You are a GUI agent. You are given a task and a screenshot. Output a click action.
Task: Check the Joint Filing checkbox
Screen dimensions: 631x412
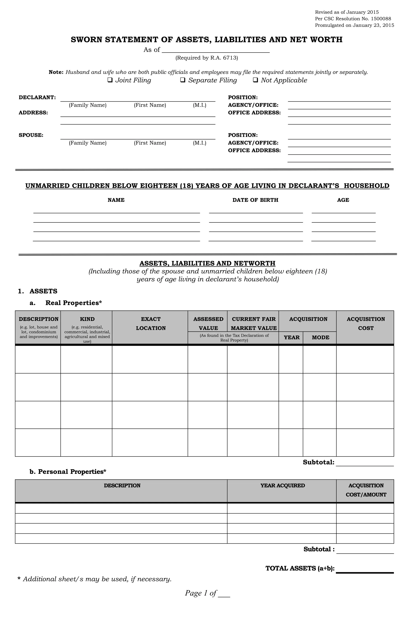[110, 80]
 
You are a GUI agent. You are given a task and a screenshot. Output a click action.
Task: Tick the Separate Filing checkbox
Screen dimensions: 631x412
[182, 80]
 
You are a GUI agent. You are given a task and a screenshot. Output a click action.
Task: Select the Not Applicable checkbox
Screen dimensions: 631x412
[255, 80]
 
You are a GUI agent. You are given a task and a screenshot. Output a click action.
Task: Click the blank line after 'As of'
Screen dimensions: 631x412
[215, 50]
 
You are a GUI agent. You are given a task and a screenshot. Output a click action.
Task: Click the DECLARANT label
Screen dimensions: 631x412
[37, 97]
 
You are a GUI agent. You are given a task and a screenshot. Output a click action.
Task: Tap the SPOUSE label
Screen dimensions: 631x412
[31, 135]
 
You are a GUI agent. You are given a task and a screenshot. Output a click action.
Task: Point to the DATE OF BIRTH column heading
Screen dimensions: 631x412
[255, 200]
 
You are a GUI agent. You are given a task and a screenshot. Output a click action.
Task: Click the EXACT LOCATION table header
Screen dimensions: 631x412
[151, 323]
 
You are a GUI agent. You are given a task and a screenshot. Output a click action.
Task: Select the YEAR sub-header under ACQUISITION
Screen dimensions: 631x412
[291, 337]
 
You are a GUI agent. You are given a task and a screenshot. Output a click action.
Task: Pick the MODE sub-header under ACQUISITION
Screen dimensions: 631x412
[320, 337]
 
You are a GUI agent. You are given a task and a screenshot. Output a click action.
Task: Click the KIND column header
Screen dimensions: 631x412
[87, 319]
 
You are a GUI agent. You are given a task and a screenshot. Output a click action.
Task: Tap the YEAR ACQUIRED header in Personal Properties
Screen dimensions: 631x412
[282, 486]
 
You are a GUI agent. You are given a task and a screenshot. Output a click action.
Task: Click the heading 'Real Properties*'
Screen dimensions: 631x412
[74, 303]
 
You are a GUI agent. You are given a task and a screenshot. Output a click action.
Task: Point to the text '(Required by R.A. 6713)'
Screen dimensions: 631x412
[207, 58]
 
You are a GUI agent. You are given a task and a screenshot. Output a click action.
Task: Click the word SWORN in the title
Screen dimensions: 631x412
[87, 39]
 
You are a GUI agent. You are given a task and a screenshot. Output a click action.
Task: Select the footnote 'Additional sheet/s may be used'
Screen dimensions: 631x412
[97, 579]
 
